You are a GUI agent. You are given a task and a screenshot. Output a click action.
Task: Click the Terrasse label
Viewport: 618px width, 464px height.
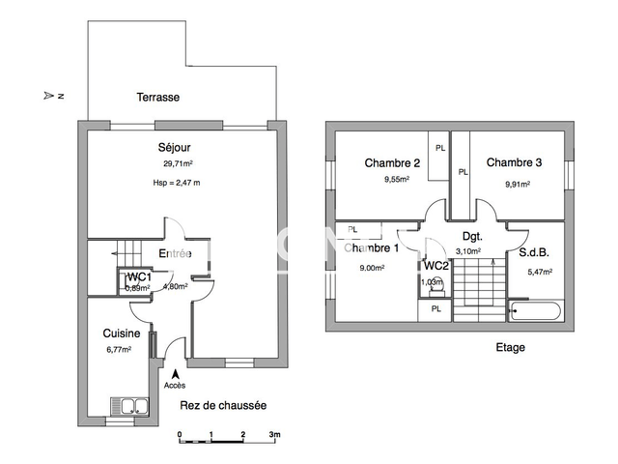[x=157, y=98]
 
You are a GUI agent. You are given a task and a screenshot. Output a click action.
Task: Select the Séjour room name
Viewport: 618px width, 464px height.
[x=174, y=148]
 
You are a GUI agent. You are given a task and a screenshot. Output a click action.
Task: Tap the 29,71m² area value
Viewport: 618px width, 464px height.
[x=178, y=164]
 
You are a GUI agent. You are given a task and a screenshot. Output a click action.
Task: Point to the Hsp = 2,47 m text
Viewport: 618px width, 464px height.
[x=177, y=184]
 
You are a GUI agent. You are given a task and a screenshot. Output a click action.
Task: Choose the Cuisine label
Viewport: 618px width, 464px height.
[x=123, y=333]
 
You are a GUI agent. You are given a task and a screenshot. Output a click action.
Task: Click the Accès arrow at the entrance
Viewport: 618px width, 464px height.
[x=176, y=373]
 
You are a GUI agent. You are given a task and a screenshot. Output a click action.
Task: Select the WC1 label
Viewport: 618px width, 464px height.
[x=139, y=276]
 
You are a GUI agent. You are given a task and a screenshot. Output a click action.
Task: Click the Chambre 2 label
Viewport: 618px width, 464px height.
[x=392, y=162]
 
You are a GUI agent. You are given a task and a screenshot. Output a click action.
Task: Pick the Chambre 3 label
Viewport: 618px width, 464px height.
[x=514, y=162]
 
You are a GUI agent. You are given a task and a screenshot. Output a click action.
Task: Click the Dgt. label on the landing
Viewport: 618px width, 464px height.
[x=472, y=236]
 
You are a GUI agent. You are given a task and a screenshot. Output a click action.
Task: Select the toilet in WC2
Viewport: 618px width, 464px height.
[x=434, y=284]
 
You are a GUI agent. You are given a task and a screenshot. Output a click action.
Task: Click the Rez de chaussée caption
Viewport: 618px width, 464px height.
[x=223, y=405]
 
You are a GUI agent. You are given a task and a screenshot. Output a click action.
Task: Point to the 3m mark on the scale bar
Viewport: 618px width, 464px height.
[x=274, y=436]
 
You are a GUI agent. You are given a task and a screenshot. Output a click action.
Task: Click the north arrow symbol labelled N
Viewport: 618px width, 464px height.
[x=52, y=96]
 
